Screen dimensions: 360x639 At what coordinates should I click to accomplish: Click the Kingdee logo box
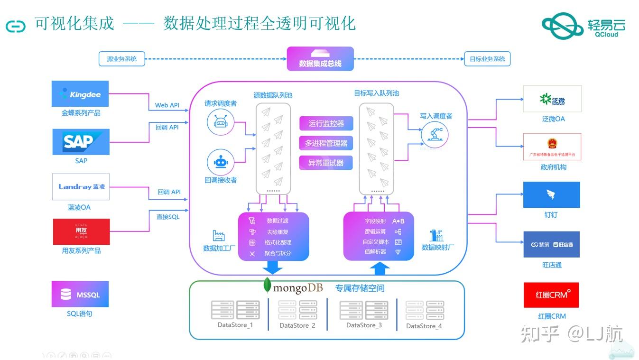point(80,94)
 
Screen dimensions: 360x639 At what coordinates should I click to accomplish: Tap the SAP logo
point(81,142)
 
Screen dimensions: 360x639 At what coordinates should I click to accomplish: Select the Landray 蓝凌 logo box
point(81,186)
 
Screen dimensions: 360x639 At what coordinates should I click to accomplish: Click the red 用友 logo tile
point(81,231)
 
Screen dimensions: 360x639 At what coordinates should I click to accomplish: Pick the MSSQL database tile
point(80,295)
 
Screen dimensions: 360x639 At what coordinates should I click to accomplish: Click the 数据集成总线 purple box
point(320,59)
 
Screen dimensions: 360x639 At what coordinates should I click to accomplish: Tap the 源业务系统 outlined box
point(122,59)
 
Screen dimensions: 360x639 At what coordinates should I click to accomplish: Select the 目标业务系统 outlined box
point(487,59)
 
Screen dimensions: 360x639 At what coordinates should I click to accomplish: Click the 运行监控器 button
point(326,124)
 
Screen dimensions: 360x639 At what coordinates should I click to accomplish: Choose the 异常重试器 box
point(326,163)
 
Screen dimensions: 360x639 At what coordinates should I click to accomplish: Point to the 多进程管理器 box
point(326,143)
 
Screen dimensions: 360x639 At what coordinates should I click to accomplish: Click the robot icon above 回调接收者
point(221,162)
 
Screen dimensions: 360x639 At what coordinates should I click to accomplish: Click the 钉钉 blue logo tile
point(551,195)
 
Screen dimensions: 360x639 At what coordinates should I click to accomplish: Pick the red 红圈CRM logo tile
point(551,295)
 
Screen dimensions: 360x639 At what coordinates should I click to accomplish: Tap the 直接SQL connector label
point(168,217)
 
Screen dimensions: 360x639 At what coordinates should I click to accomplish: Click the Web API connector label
point(167,105)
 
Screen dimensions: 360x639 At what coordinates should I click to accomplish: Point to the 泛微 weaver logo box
point(552,99)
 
